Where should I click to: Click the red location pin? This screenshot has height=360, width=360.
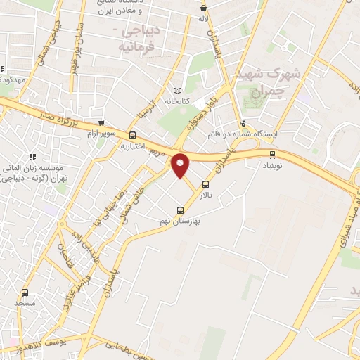[181, 165]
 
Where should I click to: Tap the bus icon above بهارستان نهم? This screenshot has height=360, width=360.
[180, 210]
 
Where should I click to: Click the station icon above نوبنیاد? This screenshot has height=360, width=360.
[272, 155]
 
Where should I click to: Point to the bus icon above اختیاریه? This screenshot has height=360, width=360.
[133, 136]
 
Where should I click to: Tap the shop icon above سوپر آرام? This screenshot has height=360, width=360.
[102, 122]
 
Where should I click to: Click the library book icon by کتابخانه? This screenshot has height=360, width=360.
[177, 91]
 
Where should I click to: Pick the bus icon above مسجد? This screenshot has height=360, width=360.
[25, 292]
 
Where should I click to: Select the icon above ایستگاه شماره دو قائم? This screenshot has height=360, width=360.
[243, 121]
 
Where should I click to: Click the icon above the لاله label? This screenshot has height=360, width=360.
[204, 8]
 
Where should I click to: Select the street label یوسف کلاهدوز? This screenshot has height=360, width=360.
[39, 347]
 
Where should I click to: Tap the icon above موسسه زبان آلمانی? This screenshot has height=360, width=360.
[32, 156]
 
